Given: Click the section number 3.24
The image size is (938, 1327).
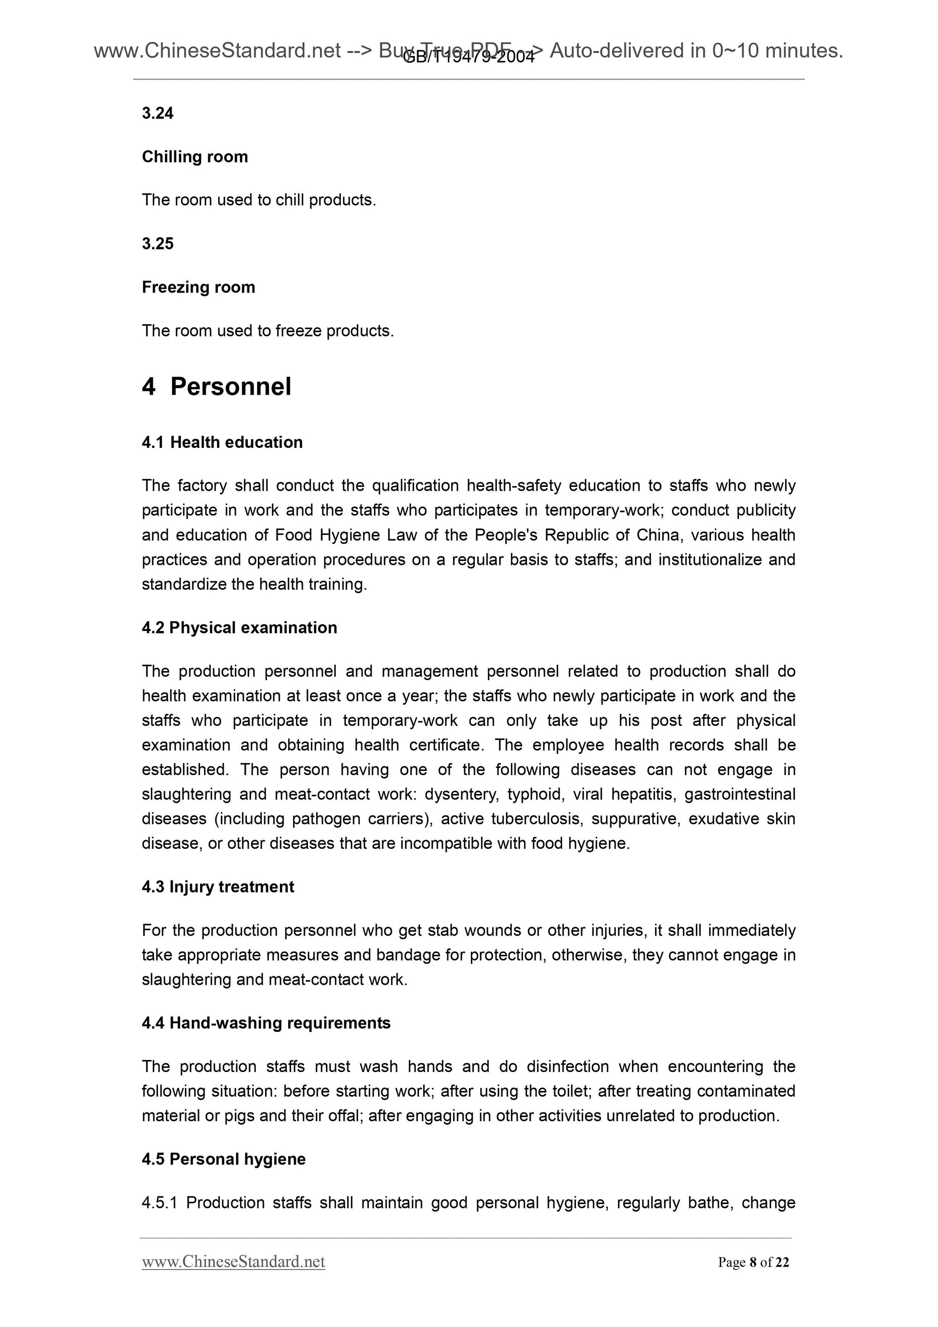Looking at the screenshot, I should click(157, 113).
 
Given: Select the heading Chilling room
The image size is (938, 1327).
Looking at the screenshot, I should click(195, 157).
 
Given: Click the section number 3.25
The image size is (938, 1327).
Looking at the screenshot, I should click(157, 243).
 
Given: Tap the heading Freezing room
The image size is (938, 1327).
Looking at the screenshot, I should click(198, 287).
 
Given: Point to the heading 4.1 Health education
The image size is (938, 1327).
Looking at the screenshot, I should click(222, 442).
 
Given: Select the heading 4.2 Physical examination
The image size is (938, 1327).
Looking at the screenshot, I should click(239, 628).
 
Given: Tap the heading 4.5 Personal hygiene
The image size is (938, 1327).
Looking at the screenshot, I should click(224, 1159).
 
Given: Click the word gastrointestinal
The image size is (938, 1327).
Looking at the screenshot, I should click(740, 795).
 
